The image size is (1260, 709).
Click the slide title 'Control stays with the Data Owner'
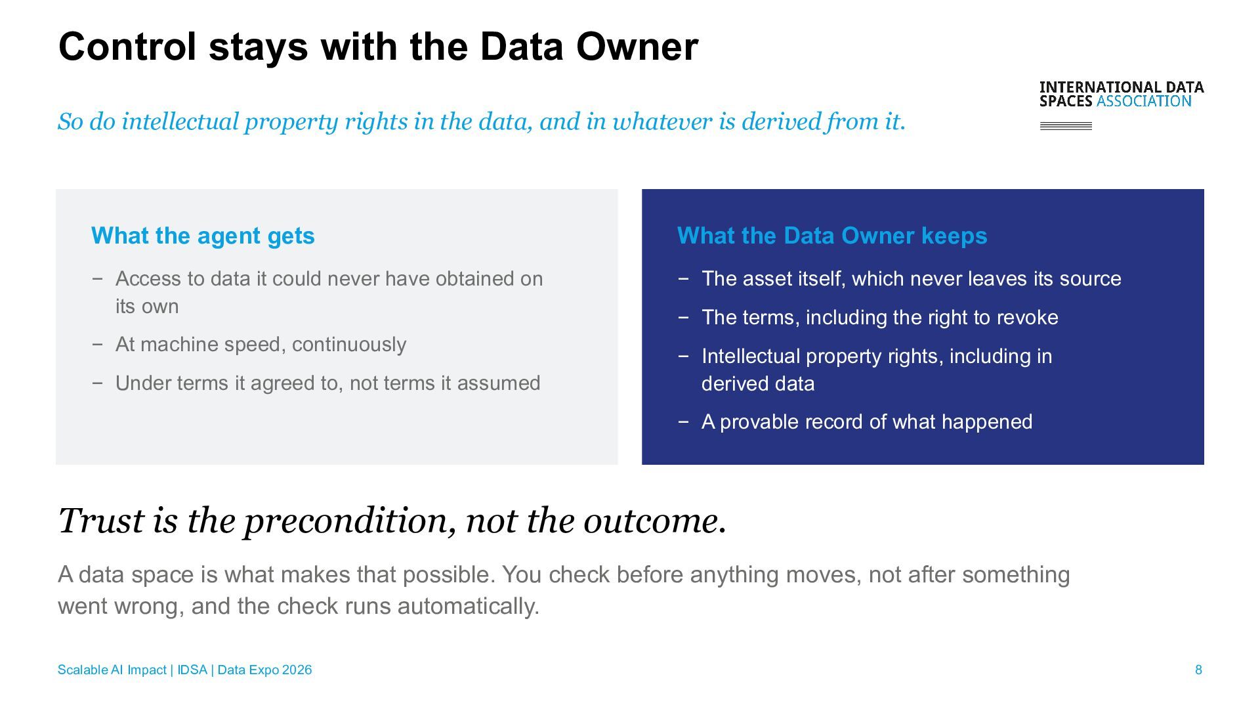click(378, 47)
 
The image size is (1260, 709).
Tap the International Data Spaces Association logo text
click(1122, 94)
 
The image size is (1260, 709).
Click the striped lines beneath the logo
click(1066, 126)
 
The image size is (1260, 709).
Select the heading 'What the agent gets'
click(203, 236)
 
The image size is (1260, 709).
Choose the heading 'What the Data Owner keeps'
click(832, 236)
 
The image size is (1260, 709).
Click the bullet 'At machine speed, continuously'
click(261, 345)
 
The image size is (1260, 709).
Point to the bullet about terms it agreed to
click(327, 383)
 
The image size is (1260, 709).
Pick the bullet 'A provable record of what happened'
click(867, 421)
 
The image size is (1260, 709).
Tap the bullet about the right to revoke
click(879, 318)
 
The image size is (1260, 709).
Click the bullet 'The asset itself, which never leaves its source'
click(911, 279)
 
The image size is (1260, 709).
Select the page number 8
click(1198, 670)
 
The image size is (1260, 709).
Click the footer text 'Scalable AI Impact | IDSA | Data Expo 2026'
click(184, 670)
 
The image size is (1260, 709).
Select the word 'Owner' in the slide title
click(637, 47)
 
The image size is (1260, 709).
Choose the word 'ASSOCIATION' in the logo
click(1144, 101)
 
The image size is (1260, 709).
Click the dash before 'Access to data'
click(97, 279)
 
